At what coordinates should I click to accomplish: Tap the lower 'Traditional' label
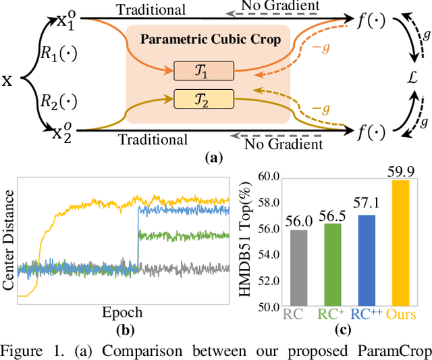[153, 140]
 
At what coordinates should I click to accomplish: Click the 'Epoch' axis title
[124, 311]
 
